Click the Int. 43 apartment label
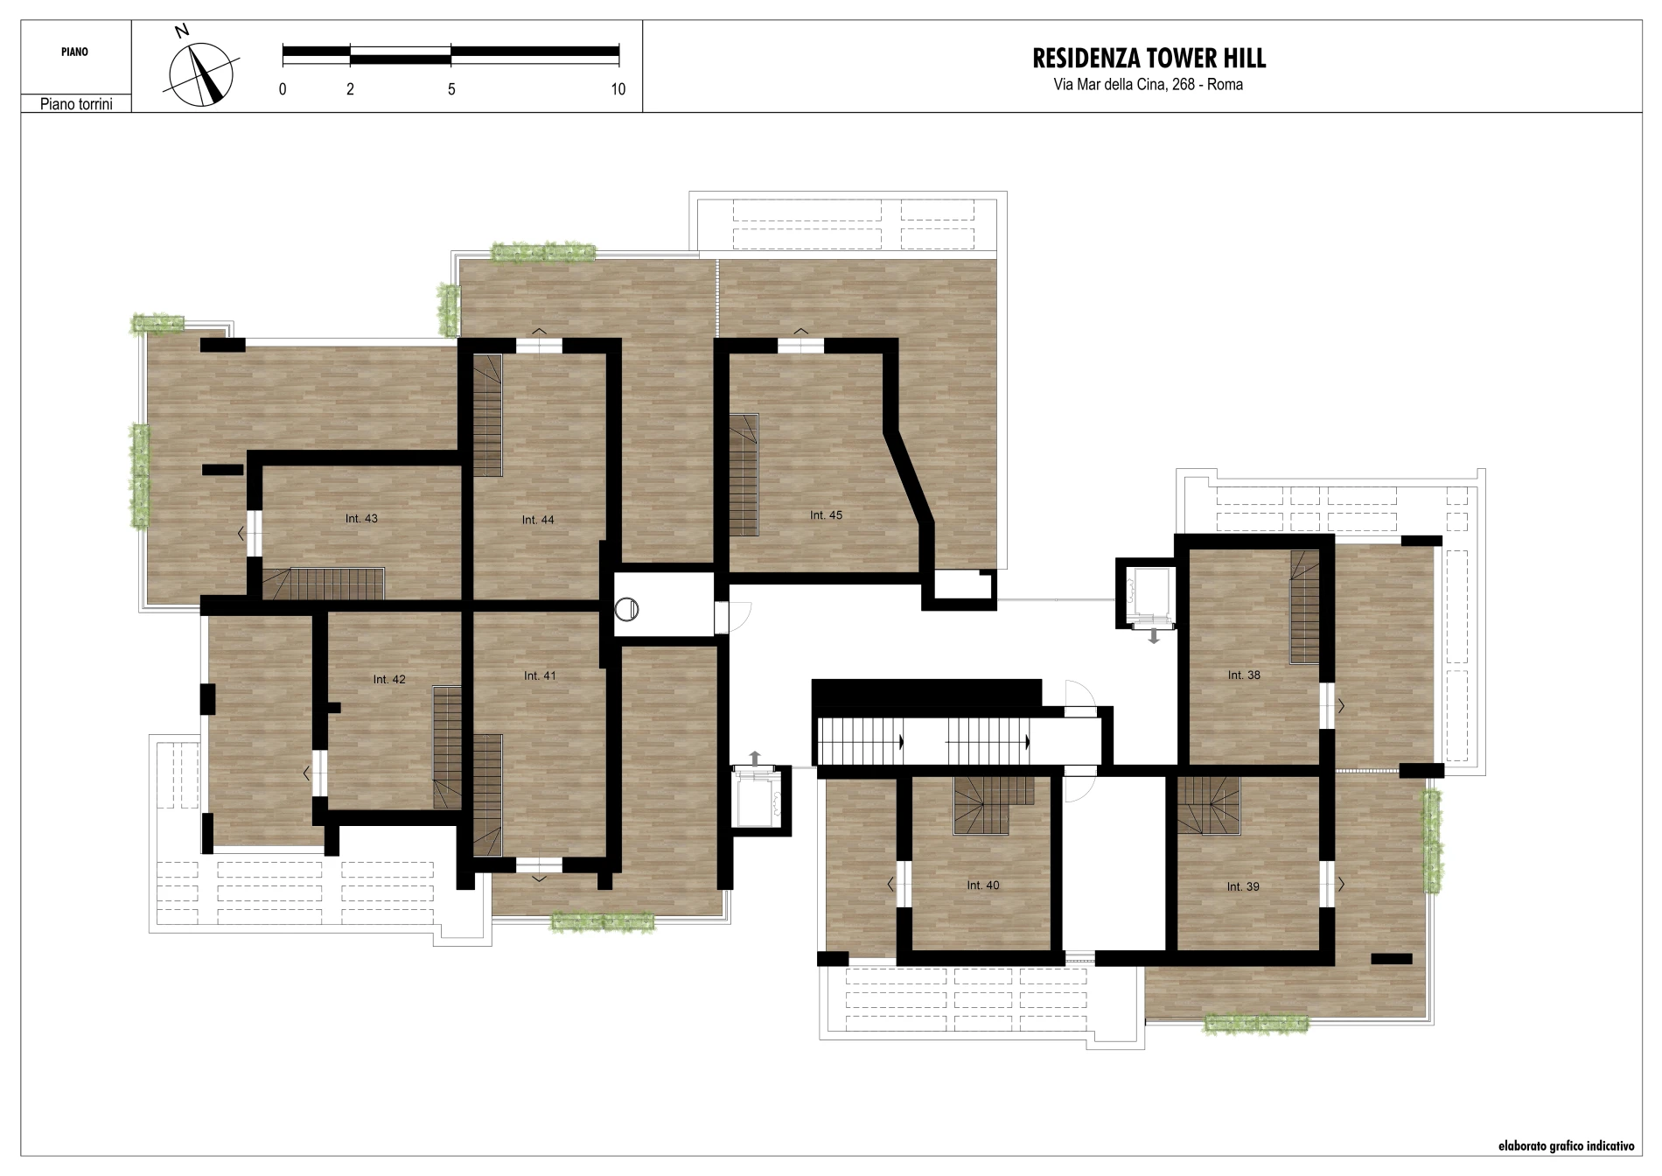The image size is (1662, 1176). [361, 519]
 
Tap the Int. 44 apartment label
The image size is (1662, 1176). [538, 520]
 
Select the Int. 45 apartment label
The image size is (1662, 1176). [826, 515]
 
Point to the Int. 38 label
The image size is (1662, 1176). [1244, 675]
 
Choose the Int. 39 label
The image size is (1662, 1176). [1243, 887]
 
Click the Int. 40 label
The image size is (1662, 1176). [983, 885]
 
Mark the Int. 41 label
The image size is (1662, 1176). [540, 676]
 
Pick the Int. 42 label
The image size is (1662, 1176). [389, 680]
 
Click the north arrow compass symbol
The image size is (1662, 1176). [201, 73]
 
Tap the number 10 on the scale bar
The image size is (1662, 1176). [618, 89]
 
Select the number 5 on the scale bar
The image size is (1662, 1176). [451, 89]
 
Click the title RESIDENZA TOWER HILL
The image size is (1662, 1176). [1149, 59]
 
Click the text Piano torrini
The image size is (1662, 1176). [76, 104]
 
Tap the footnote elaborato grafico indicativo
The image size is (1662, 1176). [1566, 1145]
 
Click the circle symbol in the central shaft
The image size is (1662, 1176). [628, 610]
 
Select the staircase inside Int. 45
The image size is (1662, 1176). [744, 475]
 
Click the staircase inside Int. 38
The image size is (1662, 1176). [1304, 607]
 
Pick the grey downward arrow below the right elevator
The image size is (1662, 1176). [1154, 635]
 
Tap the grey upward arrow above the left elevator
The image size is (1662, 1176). [756, 759]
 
